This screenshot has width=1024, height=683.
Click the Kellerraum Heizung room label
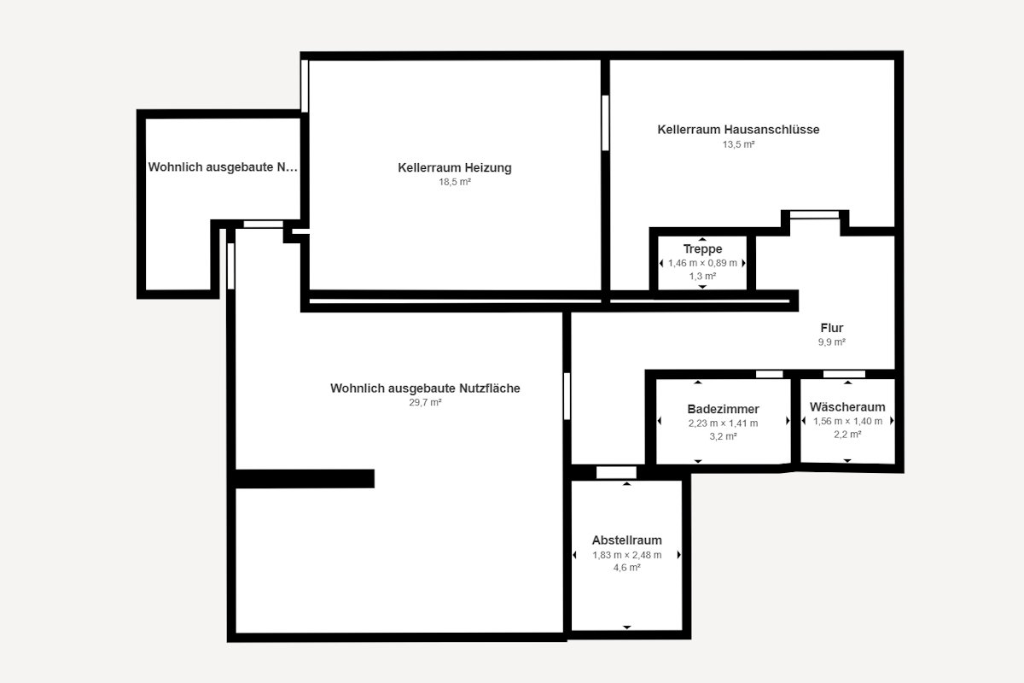point(454,167)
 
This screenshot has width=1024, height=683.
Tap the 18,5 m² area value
point(454,182)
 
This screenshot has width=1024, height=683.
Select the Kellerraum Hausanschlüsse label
point(738,130)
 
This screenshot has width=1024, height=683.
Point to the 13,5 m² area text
point(738,144)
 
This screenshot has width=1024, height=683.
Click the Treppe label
point(702,248)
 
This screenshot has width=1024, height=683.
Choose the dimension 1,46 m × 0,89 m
point(702,263)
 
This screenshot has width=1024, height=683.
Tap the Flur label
point(831,328)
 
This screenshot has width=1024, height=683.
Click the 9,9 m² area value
point(831,341)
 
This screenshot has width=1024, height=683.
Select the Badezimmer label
point(724,409)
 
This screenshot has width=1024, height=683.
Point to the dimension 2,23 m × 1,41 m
point(724,423)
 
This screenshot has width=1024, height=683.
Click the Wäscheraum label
point(847,406)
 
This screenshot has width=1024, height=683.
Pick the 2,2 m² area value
point(847,435)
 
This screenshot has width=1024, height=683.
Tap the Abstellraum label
point(626,540)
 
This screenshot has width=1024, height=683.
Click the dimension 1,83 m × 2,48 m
point(626,555)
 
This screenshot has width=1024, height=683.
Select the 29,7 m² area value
point(425,402)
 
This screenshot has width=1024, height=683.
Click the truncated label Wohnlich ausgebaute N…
point(223,167)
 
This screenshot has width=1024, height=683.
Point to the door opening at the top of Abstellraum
point(616,472)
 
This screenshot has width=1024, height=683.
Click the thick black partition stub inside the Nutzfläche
point(305,478)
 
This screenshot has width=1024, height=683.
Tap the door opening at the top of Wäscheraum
point(844,374)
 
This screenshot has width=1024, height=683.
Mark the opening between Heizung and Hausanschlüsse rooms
point(605,123)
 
